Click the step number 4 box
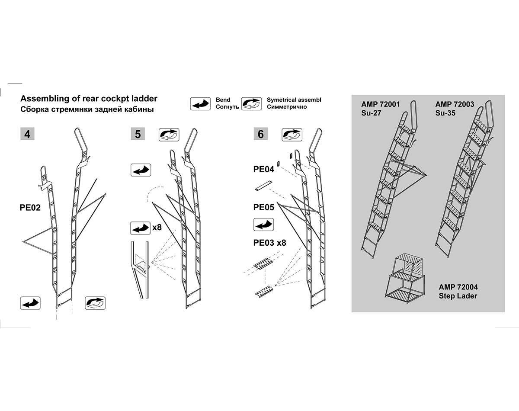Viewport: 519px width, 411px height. pyautogui.click(x=28, y=134)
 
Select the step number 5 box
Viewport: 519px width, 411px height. pyautogui.click(x=138, y=134)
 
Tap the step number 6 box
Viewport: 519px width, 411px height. pyautogui.click(x=260, y=134)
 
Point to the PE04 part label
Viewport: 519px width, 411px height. pyautogui.click(x=264, y=170)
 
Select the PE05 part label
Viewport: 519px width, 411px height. pyautogui.click(x=264, y=208)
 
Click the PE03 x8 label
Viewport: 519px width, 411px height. pyautogui.click(x=270, y=243)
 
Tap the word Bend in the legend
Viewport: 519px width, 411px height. pyautogui.click(x=223, y=100)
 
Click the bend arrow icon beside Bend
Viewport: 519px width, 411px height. pyautogui.click(x=201, y=104)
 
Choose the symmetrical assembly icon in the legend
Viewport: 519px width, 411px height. pyautogui.click(x=252, y=104)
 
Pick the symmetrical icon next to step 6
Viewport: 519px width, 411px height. pyautogui.click(x=292, y=134)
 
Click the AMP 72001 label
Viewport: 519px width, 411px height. pyautogui.click(x=381, y=104)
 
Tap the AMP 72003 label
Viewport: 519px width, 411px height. pyautogui.click(x=455, y=104)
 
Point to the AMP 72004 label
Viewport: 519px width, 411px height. pyautogui.click(x=458, y=287)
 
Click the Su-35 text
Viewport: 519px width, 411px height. pyautogui.click(x=445, y=113)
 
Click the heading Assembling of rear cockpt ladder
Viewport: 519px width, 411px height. pyautogui.click(x=89, y=99)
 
